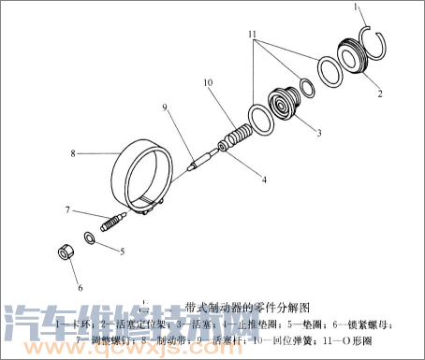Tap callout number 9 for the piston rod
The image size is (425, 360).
coord(164,108)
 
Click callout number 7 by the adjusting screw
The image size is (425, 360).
coord(67,209)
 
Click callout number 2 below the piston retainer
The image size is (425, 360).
coord(379,94)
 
